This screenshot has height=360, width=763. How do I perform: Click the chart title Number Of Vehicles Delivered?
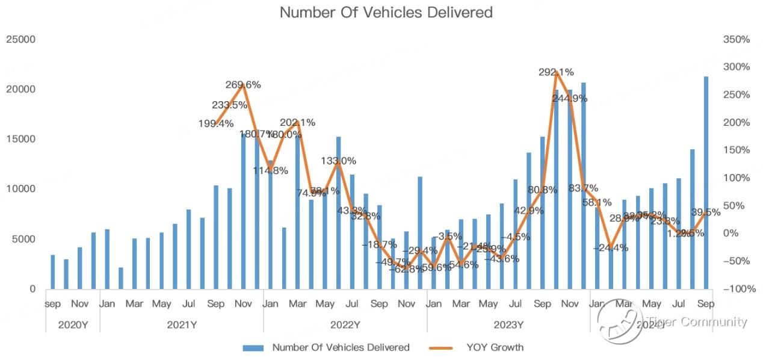tap(386, 12)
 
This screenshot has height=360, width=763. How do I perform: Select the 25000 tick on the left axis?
tap(21, 40)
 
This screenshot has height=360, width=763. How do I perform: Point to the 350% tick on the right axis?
tap(737, 40)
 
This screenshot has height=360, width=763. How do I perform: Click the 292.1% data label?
tap(555, 72)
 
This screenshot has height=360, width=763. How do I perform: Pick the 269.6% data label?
tap(243, 85)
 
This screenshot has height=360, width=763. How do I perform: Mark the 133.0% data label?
tap(338, 161)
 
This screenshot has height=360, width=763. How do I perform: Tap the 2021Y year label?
tap(182, 325)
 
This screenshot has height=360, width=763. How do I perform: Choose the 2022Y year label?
tap(345, 325)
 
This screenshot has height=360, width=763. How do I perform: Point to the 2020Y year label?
tap(73, 325)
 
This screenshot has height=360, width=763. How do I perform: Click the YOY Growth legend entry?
tap(495, 347)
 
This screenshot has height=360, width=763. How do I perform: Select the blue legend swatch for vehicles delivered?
tap(255, 347)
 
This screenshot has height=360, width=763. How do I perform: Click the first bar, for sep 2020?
tap(52, 272)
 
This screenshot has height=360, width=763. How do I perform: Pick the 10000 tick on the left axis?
tap(21, 189)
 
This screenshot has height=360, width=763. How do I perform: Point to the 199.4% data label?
tap(215, 124)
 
